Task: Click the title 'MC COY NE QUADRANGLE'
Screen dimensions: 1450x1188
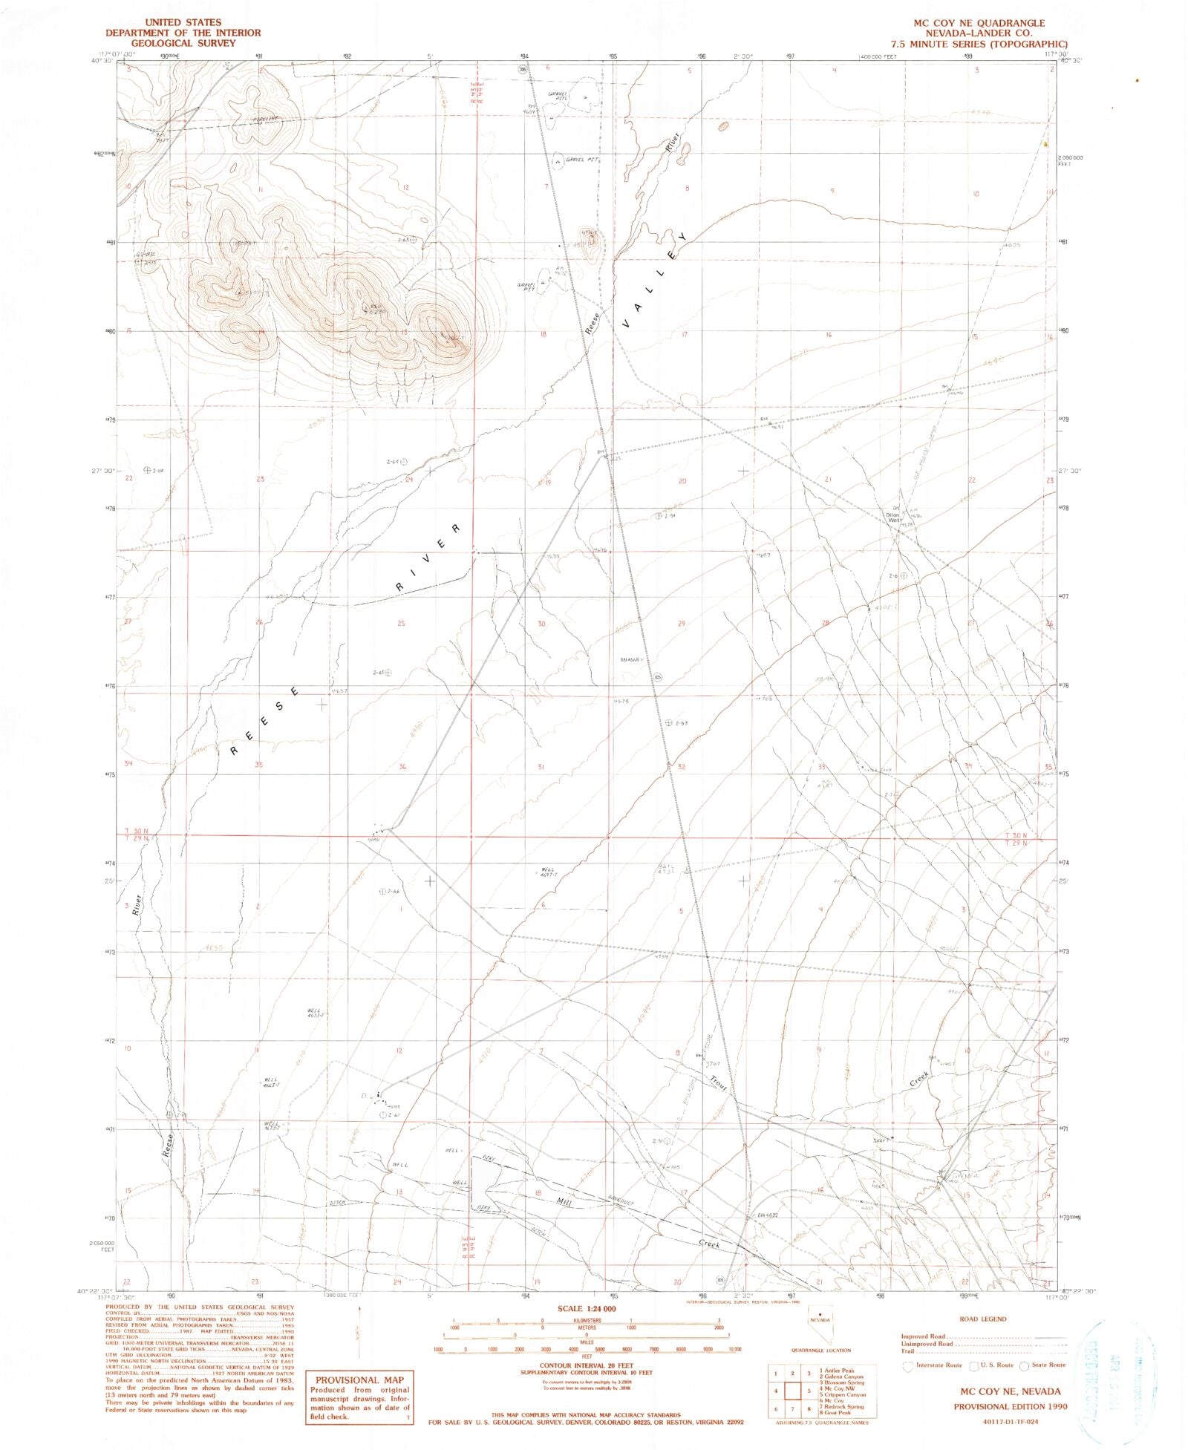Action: tap(979, 23)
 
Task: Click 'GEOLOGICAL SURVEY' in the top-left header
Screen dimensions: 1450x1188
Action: tap(183, 43)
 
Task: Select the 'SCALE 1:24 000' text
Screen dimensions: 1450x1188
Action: tap(587, 1308)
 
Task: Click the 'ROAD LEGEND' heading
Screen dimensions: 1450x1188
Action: tap(983, 1319)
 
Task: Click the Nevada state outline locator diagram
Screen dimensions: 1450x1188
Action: tap(820, 1324)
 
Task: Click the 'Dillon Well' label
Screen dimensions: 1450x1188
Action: tap(893, 517)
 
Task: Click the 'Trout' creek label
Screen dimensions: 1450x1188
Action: tap(718, 1083)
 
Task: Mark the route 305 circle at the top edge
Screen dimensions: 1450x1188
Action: tap(523, 70)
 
